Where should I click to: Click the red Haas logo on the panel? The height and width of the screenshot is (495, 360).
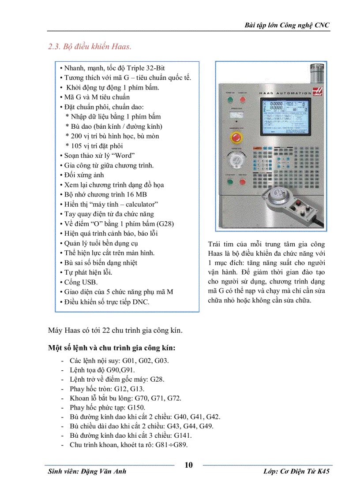click(x=317, y=92)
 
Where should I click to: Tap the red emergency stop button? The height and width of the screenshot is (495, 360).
click(x=234, y=136)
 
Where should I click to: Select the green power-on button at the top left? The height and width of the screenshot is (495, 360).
click(x=229, y=100)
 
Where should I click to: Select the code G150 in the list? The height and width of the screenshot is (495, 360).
click(x=136, y=408)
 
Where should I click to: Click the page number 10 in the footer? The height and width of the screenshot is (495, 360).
click(x=188, y=465)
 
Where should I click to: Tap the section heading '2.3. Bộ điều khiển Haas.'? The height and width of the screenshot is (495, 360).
click(x=90, y=46)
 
